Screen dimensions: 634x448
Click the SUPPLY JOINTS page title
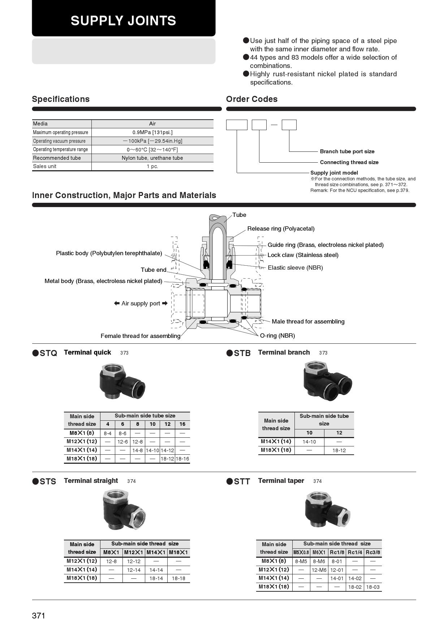(x=123, y=21)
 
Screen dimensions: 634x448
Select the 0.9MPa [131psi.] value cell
(x=152, y=132)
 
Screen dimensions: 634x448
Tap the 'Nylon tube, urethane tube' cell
(x=152, y=158)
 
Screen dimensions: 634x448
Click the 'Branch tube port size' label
(x=347, y=151)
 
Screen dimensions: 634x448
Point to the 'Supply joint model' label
(x=334, y=173)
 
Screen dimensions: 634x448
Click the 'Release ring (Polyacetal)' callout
(x=281, y=228)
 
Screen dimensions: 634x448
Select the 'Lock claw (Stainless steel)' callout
(x=303, y=255)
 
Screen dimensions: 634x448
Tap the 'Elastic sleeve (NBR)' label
(x=295, y=267)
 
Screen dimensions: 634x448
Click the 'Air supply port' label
(x=141, y=303)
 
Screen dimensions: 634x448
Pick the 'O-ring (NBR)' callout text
(x=277, y=335)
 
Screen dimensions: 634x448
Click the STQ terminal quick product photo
(x=122, y=382)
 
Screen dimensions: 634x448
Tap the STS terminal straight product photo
(x=124, y=510)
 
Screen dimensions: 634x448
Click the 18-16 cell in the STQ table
(x=182, y=459)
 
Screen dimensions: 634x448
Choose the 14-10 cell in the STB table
(x=309, y=442)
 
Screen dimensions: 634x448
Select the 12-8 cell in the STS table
(x=111, y=561)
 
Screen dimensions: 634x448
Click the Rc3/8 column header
(x=373, y=552)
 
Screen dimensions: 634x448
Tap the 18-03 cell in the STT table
(x=373, y=587)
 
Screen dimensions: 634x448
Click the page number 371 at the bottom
(x=39, y=616)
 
